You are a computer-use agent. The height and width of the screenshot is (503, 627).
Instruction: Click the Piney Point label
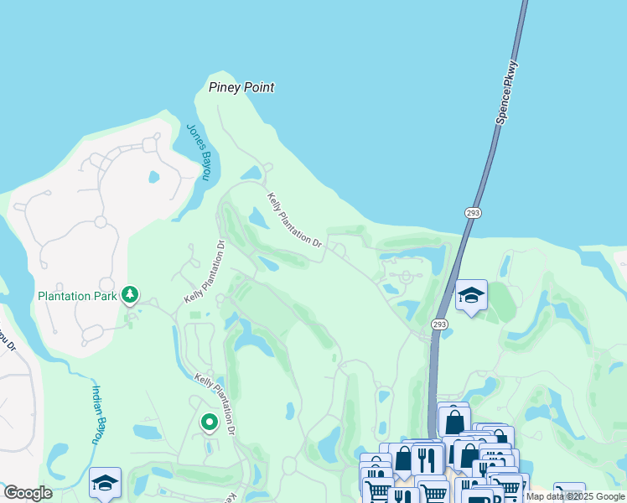[x=241, y=87]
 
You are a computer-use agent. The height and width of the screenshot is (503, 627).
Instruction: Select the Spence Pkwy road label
[x=507, y=92]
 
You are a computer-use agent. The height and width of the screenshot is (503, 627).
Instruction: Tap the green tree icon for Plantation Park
[x=129, y=294]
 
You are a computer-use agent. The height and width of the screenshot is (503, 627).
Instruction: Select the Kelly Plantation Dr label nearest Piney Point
[x=295, y=220]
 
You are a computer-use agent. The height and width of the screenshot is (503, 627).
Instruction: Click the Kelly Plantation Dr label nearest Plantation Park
[x=205, y=272]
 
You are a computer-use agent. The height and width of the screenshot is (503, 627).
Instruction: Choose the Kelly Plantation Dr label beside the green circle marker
[x=216, y=402]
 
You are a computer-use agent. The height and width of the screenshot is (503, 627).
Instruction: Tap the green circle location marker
[x=209, y=423]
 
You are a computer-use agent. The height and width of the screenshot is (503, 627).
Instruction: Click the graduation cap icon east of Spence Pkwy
[x=471, y=295]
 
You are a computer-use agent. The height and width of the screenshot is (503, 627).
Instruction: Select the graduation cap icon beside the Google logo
[x=105, y=483]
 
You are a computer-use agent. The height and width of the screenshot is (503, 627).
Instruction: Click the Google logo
[x=28, y=493]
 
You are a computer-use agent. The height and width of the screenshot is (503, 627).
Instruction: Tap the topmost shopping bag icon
[x=453, y=420]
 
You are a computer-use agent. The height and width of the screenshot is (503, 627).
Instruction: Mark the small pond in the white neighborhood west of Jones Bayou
[x=153, y=177]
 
